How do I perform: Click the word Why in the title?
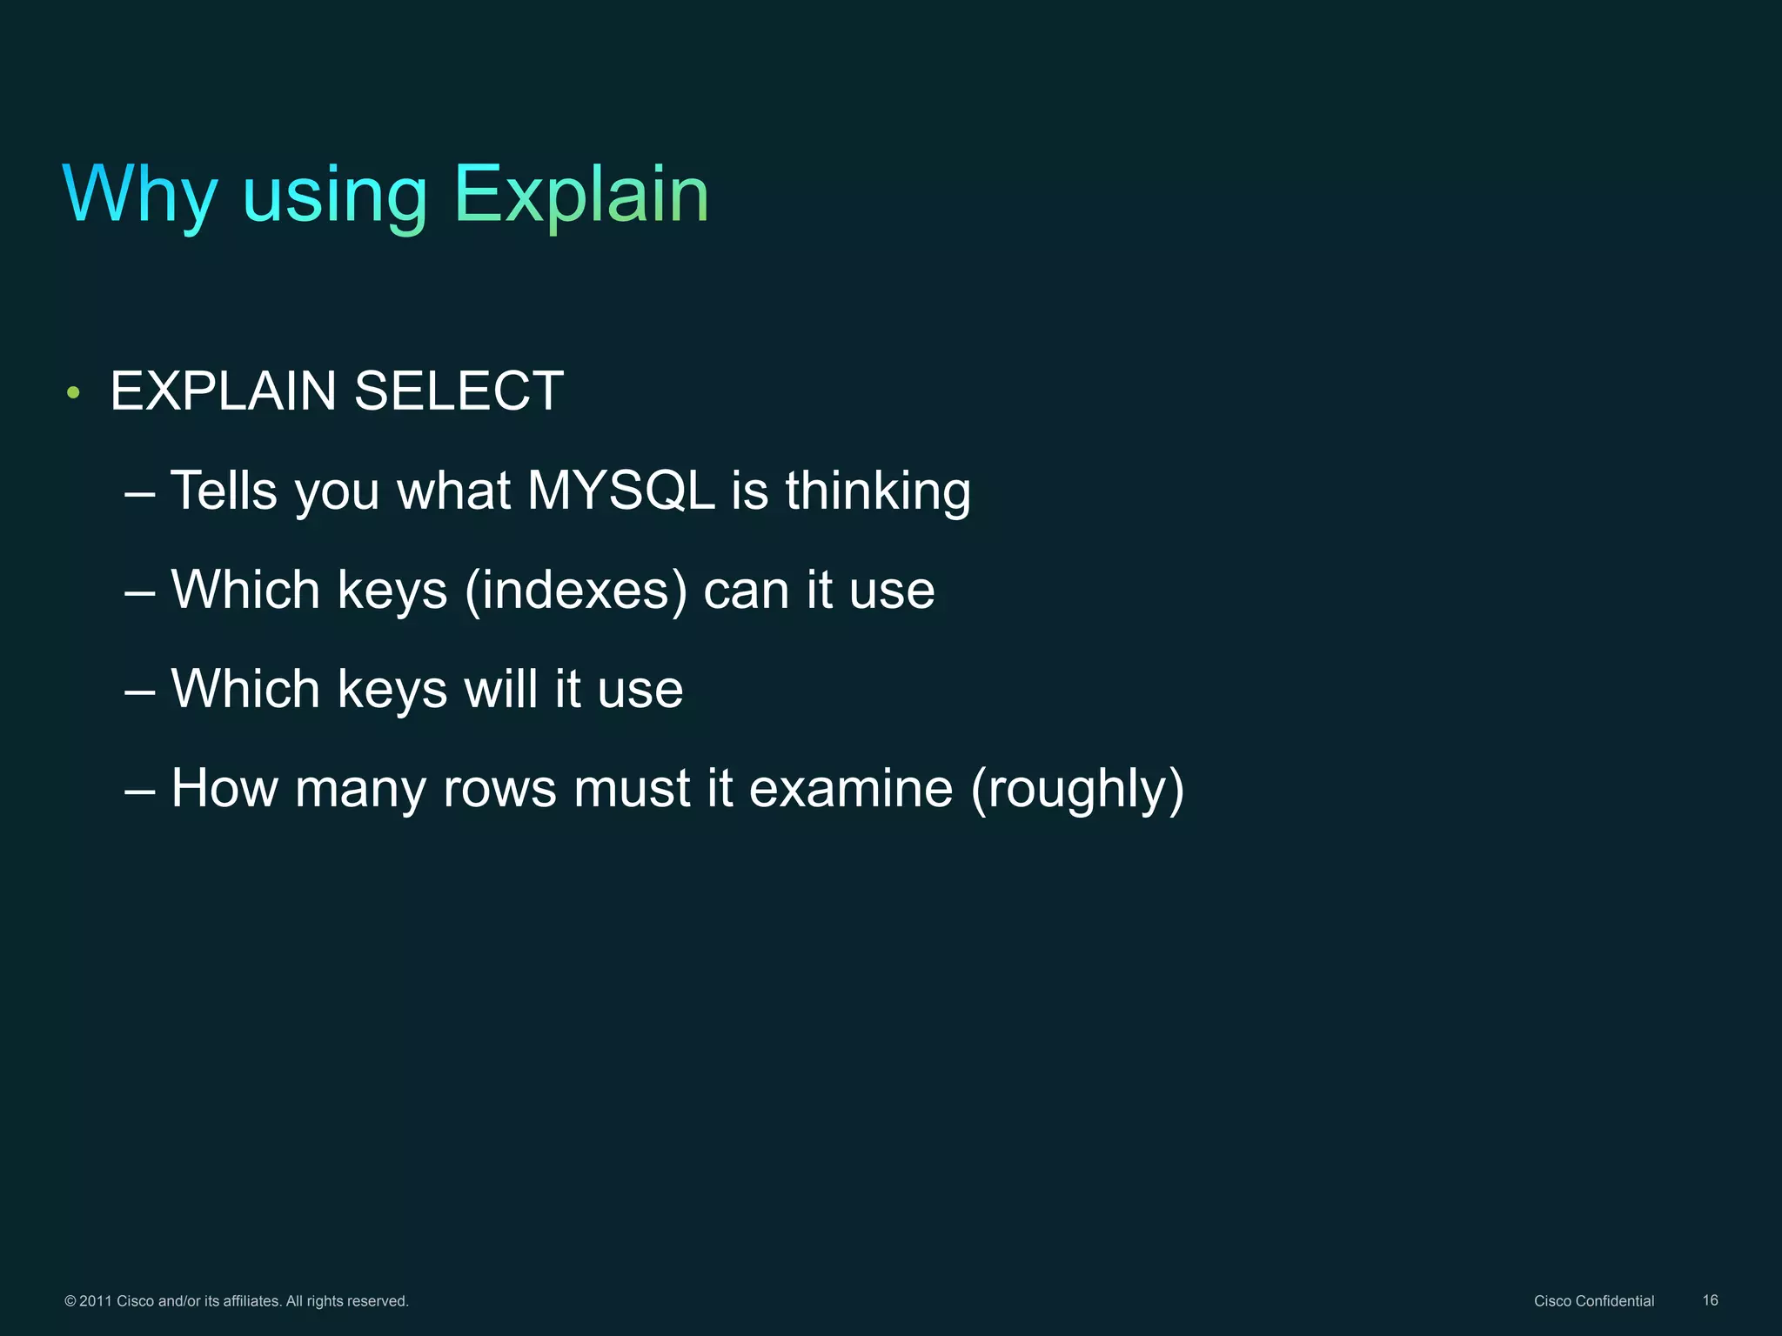[140, 195]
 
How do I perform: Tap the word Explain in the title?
[581, 195]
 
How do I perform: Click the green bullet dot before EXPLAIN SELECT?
[74, 393]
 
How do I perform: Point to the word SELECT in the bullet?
[459, 391]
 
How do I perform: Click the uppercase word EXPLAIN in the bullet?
[223, 391]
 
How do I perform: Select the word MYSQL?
[620, 491]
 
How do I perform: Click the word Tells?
[224, 491]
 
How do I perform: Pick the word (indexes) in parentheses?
[575, 591]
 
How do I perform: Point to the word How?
[224, 788]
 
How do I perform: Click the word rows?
[499, 790]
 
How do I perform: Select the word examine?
[850, 788]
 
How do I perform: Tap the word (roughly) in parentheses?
[1077, 790]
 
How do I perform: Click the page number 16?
[1710, 1300]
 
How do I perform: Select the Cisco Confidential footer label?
[1593, 1301]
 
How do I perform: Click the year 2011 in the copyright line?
[96, 1301]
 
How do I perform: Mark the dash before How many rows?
[140, 790]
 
